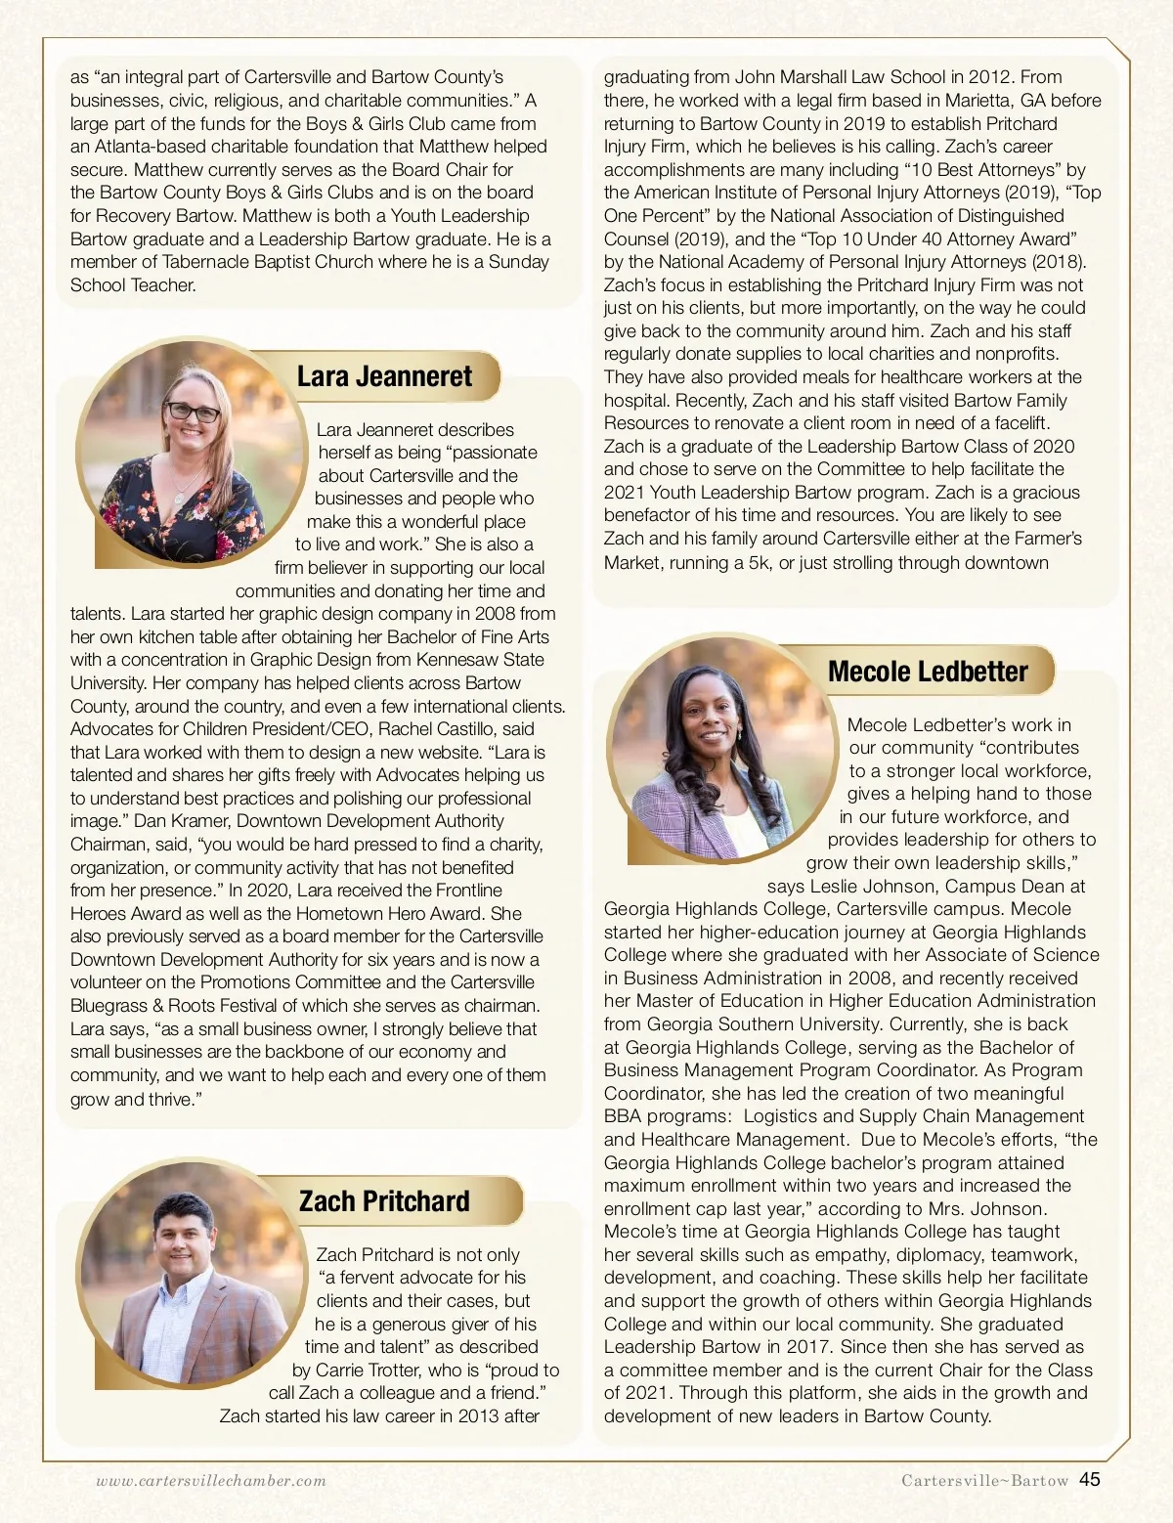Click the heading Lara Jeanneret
click(x=384, y=376)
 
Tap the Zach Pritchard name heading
click(x=384, y=1201)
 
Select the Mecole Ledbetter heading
click(x=928, y=672)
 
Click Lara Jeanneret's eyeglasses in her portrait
click(x=193, y=412)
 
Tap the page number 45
click(x=1090, y=1480)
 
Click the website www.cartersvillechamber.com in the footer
click(x=211, y=1481)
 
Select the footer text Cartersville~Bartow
click(x=984, y=1481)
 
